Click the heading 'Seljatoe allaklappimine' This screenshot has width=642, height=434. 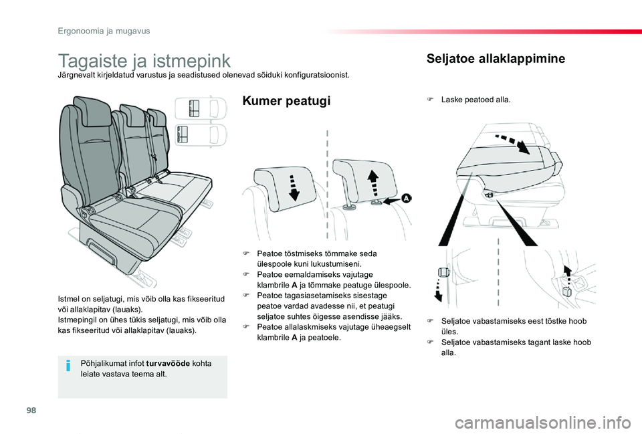click(x=495, y=59)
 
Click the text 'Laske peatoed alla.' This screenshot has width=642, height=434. click(x=475, y=100)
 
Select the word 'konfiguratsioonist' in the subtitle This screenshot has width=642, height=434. click(x=314, y=76)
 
